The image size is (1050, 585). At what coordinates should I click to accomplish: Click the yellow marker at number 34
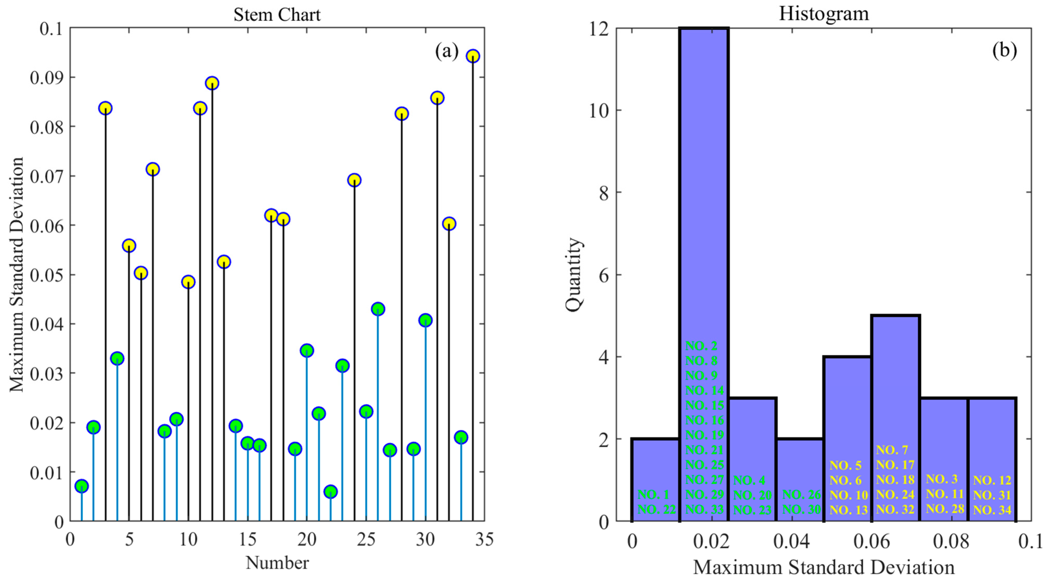[x=473, y=56]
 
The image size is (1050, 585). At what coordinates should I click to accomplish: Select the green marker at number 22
[x=331, y=492]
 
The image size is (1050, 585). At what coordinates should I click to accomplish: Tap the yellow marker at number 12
[x=212, y=83]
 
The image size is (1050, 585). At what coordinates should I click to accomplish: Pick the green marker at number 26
[x=378, y=309]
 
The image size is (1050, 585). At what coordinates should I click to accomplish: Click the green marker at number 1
[x=81, y=486]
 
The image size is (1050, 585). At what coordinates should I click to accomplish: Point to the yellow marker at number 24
[x=354, y=180]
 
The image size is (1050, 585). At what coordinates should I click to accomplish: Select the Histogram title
[x=824, y=14]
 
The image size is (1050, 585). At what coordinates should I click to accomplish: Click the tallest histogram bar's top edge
[x=704, y=28]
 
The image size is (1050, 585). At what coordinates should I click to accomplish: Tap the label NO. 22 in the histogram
[x=656, y=509]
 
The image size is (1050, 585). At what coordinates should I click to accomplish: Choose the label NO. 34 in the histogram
[x=992, y=510]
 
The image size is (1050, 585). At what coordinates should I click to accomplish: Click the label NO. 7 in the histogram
[x=892, y=450]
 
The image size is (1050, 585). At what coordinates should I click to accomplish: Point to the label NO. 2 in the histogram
[x=701, y=346]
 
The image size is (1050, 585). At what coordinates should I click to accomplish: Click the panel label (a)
[x=447, y=52]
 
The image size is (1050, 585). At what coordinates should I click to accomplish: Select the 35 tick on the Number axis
[x=484, y=540]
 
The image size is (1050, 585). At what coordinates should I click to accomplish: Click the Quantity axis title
[x=574, y=275]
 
